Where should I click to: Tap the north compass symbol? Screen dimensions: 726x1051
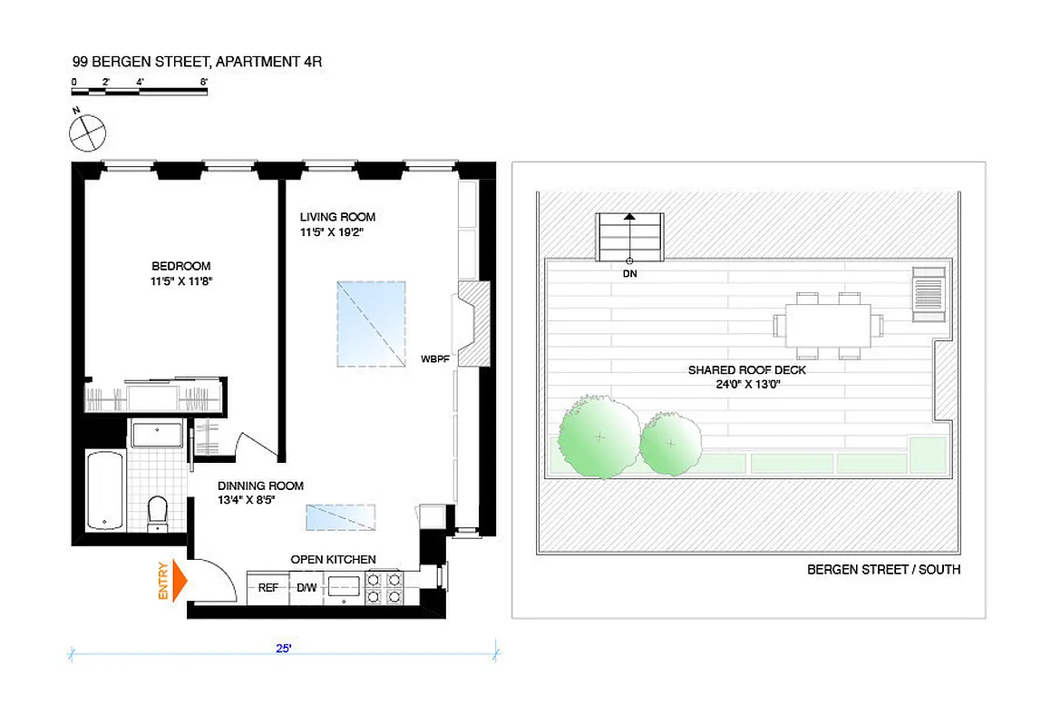88,132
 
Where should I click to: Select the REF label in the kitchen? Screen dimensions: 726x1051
268,588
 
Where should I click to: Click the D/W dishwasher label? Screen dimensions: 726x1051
306,588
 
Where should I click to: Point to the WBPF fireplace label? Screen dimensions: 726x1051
435,359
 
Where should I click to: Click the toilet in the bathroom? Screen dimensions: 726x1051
158,512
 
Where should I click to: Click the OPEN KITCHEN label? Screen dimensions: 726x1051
333,560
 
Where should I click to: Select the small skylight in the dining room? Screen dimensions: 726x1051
341,517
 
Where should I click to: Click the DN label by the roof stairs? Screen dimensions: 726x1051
629,273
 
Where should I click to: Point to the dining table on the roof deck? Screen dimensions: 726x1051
828,325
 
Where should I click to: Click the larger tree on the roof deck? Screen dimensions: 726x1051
598,437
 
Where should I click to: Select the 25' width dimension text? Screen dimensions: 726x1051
283,649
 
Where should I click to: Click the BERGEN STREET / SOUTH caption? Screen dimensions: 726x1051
883,570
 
